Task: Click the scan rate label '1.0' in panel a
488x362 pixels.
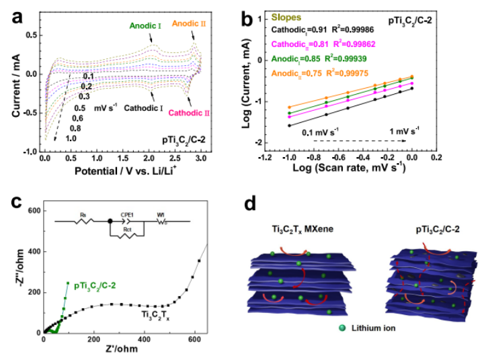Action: coord(71,138)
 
